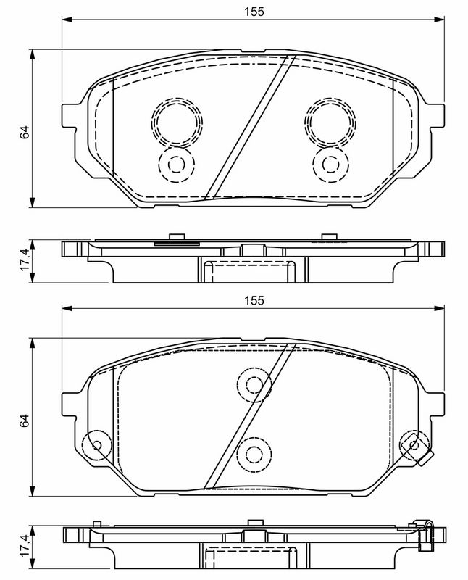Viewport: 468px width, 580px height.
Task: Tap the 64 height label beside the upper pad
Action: click(24, 132)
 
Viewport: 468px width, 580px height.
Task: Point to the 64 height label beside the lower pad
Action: click(24, 420)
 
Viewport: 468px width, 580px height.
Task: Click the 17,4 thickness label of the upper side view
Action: click(24, 261)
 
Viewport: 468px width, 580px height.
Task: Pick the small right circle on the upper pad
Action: click(331, 163)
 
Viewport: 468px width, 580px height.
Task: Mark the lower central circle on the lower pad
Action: click(254, 454)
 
